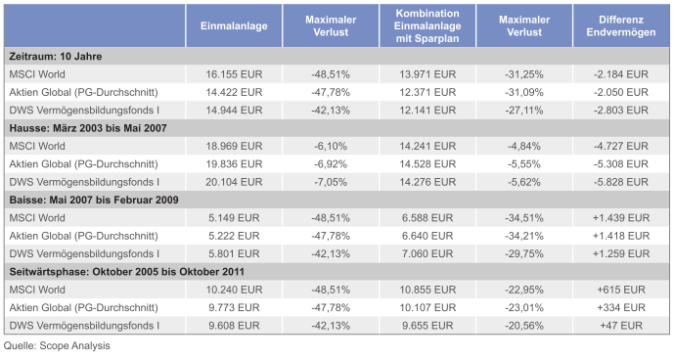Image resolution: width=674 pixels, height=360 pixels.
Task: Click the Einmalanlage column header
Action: (234, 25)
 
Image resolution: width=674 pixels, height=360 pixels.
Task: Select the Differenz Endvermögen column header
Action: (621, 25)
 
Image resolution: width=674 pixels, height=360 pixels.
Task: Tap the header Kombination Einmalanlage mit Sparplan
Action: (427, 25)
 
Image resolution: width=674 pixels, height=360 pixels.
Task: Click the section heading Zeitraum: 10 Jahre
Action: (56, 57)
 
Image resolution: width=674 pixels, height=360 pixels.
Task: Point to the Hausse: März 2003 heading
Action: (88, 128)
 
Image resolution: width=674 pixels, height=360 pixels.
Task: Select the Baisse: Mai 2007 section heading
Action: (94, 200)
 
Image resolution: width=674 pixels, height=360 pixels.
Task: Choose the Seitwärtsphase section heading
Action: (127, 272)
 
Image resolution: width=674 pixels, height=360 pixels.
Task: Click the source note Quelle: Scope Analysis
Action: (57, 345)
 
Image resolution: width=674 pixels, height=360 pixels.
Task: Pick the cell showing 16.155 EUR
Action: (234, 74)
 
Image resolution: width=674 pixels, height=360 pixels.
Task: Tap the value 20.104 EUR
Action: (234, 182)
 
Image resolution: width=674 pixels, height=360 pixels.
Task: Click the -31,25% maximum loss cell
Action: (524, 74)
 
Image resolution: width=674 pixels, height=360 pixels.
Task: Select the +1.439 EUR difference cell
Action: (621, 218)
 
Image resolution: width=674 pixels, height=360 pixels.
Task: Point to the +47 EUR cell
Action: (621, 326)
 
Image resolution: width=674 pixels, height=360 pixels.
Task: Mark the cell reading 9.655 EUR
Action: (427, 326)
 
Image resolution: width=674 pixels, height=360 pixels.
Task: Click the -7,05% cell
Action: (331, 182)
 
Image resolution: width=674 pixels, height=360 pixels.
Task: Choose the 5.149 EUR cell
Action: (234, 218)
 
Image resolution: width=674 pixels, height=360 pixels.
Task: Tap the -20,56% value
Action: (524, 326)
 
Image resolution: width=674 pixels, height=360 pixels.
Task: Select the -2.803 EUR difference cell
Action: (621, 111)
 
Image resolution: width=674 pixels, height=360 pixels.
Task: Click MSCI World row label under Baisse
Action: (37, 218)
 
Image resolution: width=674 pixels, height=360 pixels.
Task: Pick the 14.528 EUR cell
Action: (427, 164)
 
